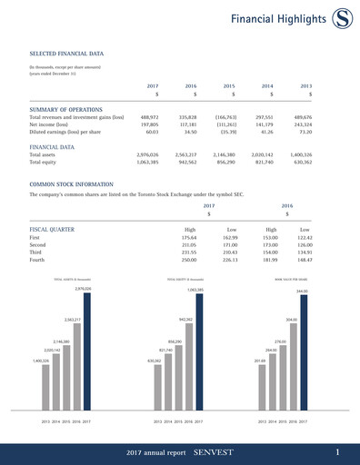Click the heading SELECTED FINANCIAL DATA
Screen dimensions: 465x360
click(66, 54)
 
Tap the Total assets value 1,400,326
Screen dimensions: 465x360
click(300, 155)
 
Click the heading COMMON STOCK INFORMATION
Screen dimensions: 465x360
click(75, 184)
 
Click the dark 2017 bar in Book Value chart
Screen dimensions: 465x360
click(303, 354)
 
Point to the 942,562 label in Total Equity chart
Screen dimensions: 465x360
click(185, 320)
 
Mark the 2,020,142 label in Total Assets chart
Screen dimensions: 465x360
click(51, 349)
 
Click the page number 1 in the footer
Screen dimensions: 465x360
click(337, 451)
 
